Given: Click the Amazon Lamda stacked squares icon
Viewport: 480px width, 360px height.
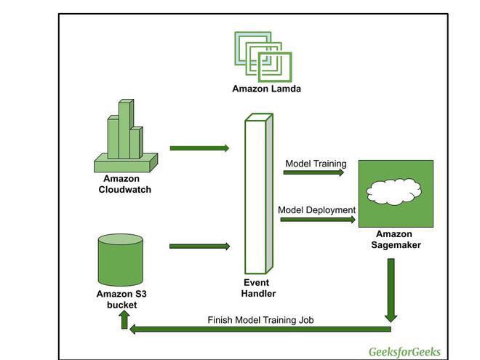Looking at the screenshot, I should point(263,56).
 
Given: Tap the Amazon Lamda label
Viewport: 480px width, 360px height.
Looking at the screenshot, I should point(266,90).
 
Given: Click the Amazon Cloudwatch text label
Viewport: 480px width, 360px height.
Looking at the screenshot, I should point(124,185).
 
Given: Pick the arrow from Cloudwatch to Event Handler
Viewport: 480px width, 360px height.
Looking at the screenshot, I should point(199,148).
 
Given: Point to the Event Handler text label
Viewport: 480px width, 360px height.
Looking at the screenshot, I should point(258,288).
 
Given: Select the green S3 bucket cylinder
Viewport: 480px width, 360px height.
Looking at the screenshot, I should point(121,260).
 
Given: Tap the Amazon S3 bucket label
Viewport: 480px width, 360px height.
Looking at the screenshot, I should point(121,300).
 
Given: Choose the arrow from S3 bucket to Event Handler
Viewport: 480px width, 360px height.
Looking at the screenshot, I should point(199,247).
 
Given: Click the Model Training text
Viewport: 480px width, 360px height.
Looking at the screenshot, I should point(316,164).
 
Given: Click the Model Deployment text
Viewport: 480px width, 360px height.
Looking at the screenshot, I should point(317,210).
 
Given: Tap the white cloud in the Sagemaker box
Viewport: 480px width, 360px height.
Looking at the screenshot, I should point(395,191).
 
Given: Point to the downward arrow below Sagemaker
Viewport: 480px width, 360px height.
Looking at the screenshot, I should point(391,290).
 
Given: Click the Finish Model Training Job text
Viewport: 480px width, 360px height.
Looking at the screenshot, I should point(260,319).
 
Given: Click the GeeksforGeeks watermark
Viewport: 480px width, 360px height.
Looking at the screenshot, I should point(404,350).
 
